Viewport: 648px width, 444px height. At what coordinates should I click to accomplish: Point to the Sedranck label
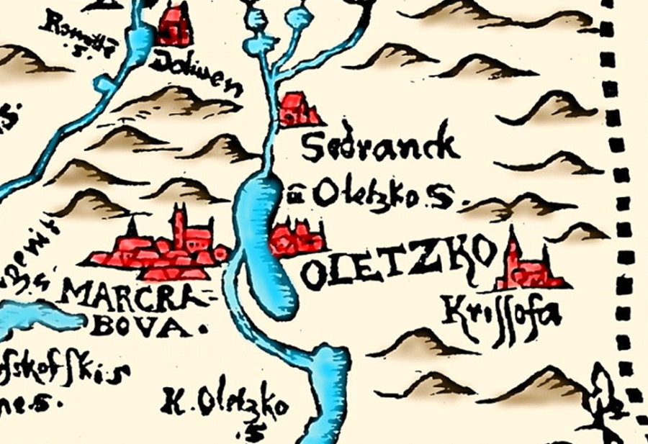click(x=379, y=147)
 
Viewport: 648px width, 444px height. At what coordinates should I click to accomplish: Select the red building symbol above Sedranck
click(x=297, y=110)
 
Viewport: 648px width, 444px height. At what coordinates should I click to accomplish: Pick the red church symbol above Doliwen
click(x=176, y=25)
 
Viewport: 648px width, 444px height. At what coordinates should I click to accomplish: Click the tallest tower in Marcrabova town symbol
click(x=179, y=223)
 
